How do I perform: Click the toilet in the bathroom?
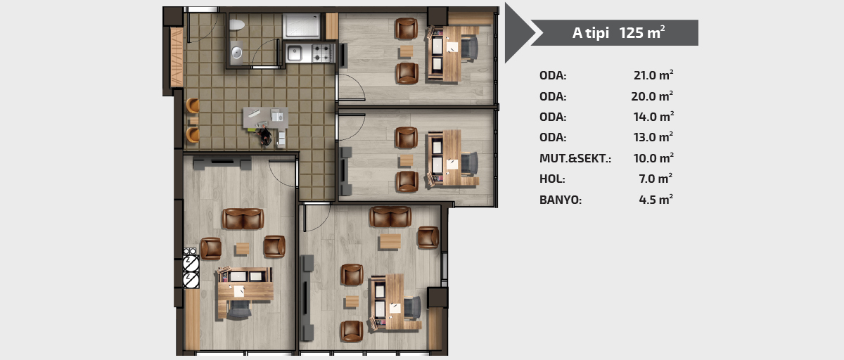pyautogui.click(x=237, y=25)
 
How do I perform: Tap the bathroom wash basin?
pyautogui.click(x=236, y=52)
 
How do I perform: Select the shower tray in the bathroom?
pyautogui.click(x=302, y=25)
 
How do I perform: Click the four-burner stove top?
pyautogui.click(x=323, y=53)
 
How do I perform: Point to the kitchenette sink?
pyautogui.click(x=294, y=53)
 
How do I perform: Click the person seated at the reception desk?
pyautogui.click(x=265, y=136)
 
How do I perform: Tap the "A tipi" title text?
pyautogui.click(x=590, y=33)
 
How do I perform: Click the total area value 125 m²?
pyautogui.click(x=641, y=32)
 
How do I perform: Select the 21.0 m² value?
pyautogui.click(x=653, y=75)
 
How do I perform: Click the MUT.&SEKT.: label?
pyautogui.click(x=575, y=158)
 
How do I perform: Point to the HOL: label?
pyautogui.click(x=552, y=179)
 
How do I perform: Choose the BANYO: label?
pyautogui.click(x=561, y=200)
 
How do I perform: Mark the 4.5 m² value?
pyautogui.click(x=656, y=199)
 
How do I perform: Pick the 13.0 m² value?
pyautogui.click(x=653, y=136)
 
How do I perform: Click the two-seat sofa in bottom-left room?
pyautogui.click(x=243, y=219)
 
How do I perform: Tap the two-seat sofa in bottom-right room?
pyautogui.click(x=390, y=217)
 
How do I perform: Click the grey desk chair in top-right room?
pyautogui.click(x=470, y=48)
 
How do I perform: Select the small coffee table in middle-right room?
pyautogui.click(x=407, y=160)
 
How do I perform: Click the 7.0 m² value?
pyautogui.click(x=656, y=179)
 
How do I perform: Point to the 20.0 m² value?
pyautogui.click(x=652, y=96)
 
